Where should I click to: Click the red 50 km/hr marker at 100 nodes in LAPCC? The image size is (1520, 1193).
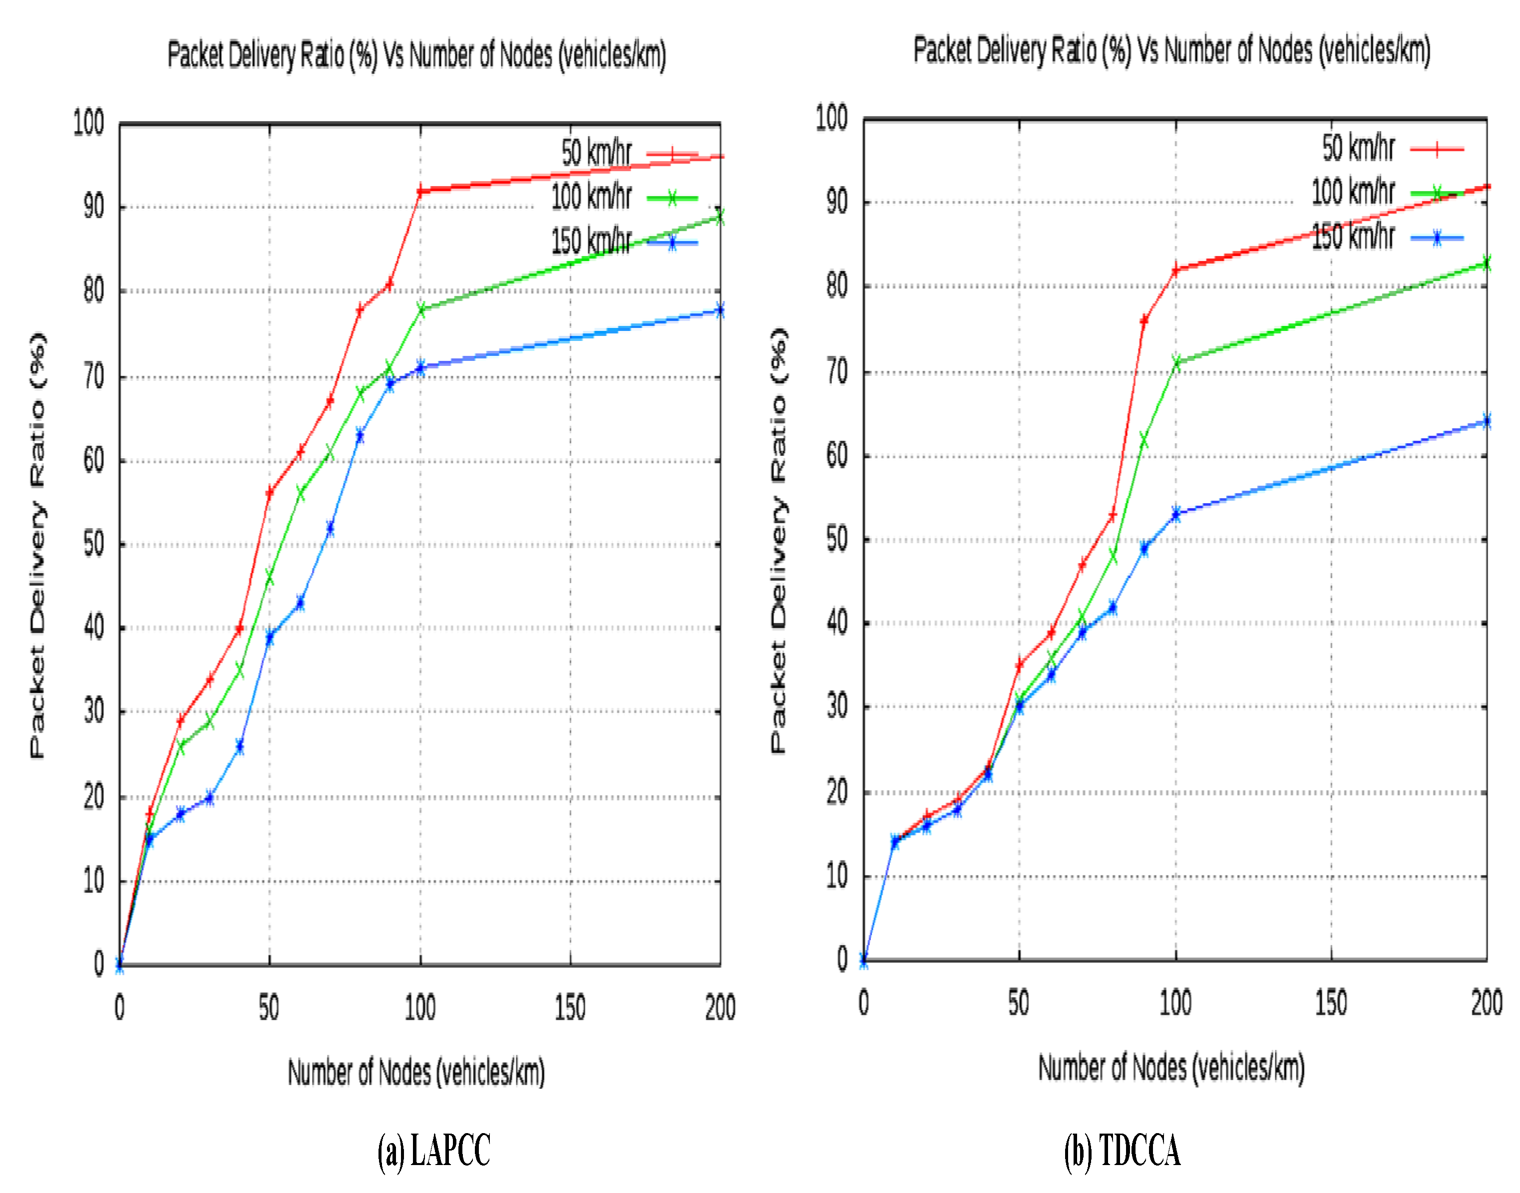pos(420,191)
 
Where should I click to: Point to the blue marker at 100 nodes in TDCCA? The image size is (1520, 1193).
pos(1175,514)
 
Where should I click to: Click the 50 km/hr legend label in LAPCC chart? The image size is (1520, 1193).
pos(596,153)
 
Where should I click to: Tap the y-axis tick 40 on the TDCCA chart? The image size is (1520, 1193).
pos(837,622)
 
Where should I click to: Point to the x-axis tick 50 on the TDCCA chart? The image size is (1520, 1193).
pos(1019,1003)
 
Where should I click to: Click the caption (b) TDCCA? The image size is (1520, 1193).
pos(1122,1150)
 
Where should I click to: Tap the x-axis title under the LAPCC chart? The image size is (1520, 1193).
pos(416,1072)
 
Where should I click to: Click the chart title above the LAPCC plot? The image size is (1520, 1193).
pos(416,54)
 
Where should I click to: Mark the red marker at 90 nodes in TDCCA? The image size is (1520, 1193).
pos(1143,320)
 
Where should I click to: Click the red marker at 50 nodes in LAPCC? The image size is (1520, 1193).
pos(270,493)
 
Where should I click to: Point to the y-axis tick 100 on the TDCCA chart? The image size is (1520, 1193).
pos(831,117)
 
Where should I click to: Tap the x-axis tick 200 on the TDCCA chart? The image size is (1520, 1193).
pos(1486,1003)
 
